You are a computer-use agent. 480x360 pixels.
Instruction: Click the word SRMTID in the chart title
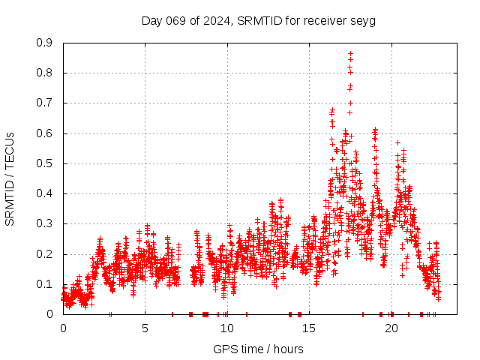[257, 20]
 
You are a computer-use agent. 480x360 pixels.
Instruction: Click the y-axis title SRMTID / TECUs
[10, 178]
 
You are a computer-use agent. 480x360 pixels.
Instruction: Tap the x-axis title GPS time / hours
[258, 349]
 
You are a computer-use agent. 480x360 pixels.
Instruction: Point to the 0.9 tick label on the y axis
[44, 43]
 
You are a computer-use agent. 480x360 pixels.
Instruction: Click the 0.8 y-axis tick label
[44, 73]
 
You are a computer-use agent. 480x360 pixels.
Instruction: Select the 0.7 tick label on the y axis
[44, 103]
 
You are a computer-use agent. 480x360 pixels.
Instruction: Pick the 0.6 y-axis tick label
[44, 133]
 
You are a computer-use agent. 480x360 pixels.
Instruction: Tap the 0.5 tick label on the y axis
[44, 163]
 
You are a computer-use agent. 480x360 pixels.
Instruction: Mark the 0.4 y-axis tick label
[44, 193]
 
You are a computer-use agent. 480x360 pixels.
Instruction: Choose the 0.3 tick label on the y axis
[44, 223]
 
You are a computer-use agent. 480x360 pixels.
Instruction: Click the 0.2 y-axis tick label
[44, 254]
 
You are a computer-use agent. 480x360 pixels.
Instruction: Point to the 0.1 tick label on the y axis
[44, 284]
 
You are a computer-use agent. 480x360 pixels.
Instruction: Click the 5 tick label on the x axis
[145, 328]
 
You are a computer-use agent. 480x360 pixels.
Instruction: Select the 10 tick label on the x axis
[227, 328]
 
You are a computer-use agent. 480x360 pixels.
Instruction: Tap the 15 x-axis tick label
[310, 328]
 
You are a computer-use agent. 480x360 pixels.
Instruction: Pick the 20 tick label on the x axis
[392, 328]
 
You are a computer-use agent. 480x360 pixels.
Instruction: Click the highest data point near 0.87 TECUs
[350, 53]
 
